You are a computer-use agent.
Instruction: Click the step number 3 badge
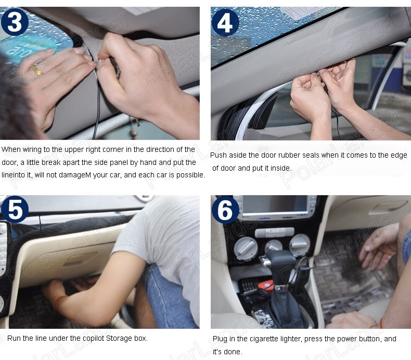15,22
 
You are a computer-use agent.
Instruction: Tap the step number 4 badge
225,22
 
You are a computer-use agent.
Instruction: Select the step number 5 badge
15,209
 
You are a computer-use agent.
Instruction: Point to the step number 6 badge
225,210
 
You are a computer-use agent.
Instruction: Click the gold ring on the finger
37,70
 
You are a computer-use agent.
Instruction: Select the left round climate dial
246,248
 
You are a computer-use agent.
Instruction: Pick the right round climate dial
299,245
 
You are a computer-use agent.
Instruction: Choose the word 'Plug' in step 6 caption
220,339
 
